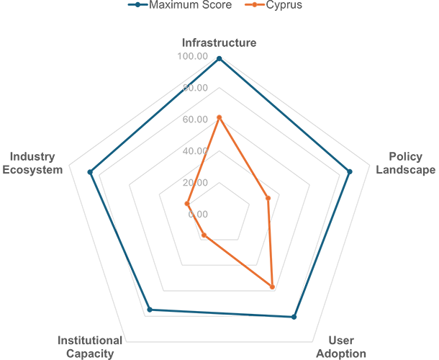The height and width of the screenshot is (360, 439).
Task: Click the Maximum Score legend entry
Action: [180, 5]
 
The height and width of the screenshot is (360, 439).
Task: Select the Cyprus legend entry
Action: [273, 5]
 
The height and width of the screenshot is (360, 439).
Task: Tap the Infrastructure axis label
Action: [219, 43]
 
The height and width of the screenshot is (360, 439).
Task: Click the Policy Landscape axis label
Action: [405, 163]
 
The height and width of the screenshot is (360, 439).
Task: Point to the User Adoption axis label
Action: [341, 347]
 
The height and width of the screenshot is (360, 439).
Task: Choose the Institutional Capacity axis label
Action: [90, 347]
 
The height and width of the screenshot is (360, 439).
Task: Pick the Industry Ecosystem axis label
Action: [32, 163]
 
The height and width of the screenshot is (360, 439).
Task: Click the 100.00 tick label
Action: [193, 56]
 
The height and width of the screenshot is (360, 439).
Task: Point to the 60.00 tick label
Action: [195, 120]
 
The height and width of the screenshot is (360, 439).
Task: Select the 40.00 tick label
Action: [195, 151]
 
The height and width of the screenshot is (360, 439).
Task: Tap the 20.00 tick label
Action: [195, 183]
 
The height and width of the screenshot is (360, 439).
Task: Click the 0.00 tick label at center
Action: [198, 215]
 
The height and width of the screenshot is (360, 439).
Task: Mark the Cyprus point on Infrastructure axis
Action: [219, 117]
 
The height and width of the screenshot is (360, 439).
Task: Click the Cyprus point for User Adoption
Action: [272, 287]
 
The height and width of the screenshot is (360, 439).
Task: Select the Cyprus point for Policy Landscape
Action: [268, 198]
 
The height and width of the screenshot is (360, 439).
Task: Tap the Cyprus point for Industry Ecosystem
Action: [187, 204]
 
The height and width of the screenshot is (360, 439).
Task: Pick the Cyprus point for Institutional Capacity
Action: [204, 235]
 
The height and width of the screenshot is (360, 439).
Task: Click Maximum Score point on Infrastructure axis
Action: [219, 59]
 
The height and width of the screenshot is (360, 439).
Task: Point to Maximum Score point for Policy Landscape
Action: [350, 172]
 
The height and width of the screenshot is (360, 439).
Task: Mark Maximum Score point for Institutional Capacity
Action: [150, 310]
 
